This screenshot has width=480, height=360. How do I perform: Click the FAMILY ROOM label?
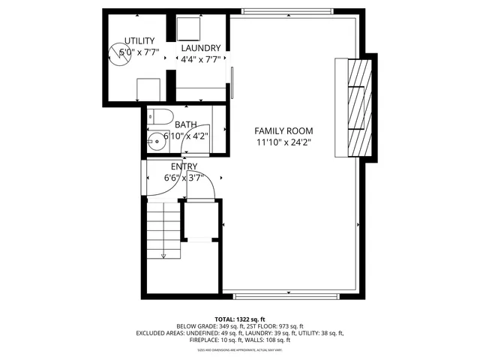click(x=283, y=130)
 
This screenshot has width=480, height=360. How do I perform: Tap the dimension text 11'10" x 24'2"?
click(x=283, y=142)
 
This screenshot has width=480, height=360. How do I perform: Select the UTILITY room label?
click(x=139, y=40)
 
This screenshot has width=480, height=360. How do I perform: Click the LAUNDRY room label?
click(x=200, y=48)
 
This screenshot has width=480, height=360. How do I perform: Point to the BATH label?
click(x=185, y=125)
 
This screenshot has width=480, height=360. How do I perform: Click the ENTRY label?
click(x=184, y=166)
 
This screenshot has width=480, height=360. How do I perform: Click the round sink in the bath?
click(x=156, y=144)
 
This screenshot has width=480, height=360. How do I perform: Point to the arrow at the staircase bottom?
click(x=163, y=255)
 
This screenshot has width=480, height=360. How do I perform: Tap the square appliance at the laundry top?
click(x=187, y=28)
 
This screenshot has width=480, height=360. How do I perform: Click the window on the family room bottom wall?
click(x=289, y=295)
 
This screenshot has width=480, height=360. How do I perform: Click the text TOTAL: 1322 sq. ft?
click(x=240, y=319)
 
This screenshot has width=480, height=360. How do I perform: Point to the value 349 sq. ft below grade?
click(x=232, y=326)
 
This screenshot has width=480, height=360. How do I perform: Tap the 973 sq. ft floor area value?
click(x=289, y=326)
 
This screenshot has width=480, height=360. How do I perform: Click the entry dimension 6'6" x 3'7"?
click(x=184, y=178)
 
